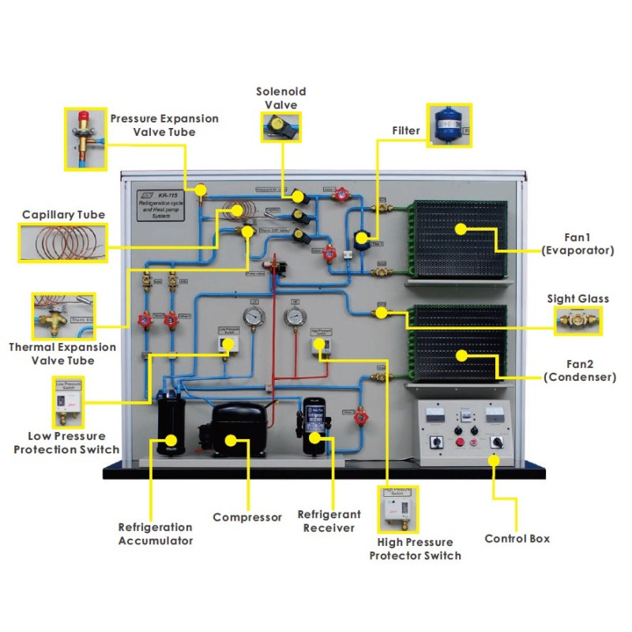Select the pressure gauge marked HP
tap(295, 318)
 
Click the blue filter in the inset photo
tap(447, 126)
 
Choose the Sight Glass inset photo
tap(577, 320)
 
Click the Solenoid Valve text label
tap(280, 98)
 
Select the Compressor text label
tap(247, 517)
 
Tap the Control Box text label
tap(517, 539)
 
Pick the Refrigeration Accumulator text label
tap(155, 534)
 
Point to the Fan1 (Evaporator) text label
tap(578, 243)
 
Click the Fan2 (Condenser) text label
tap(579, 371)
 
